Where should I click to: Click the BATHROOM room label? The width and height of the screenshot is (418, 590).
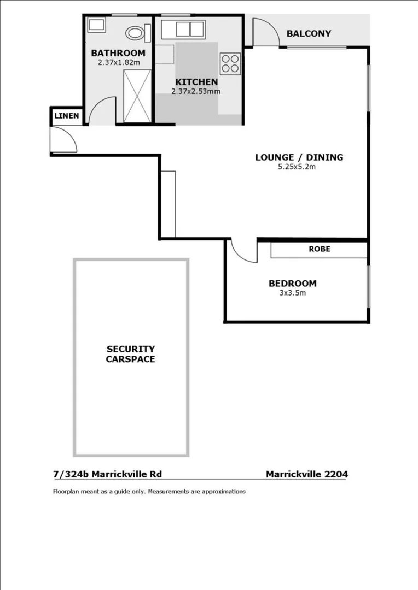[118, 53]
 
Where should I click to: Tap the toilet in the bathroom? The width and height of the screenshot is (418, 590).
[135, 33]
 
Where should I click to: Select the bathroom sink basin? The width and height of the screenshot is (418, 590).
[98, 26]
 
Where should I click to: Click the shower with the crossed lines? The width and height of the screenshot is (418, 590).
[135, 96]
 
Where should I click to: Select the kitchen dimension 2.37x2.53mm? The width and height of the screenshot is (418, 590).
[196, 92]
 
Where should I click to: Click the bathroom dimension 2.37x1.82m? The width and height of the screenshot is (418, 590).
[118, 62]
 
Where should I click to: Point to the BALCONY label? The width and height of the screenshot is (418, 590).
[309, 33]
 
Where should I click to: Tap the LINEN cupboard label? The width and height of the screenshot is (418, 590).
[67, 116]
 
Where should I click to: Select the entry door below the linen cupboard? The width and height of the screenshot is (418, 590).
[63, 139]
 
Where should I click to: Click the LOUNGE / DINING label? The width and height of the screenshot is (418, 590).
[299, 157]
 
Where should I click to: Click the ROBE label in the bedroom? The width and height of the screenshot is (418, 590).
[320, 249]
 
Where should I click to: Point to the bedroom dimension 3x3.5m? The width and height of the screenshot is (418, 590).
[292, 293]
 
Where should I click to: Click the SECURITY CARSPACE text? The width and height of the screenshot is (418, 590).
[130, 354]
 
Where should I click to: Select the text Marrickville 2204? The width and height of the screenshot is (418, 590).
[306, 474]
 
